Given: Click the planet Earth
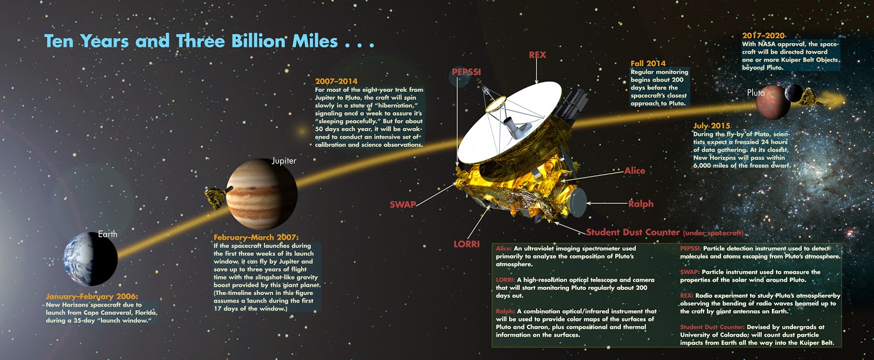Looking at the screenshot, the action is (91, 258).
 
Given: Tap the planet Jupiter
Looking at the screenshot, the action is (262, 194).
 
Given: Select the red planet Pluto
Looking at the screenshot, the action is (770, 102).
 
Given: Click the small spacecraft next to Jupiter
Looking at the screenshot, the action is (218, 197).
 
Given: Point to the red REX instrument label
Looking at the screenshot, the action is (538, 55).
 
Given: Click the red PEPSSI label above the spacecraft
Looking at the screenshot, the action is (466, 72).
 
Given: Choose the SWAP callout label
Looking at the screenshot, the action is (403, 204).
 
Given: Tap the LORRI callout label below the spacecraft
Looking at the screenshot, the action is (466, 244).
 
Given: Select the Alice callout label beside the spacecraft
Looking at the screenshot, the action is (635, 171).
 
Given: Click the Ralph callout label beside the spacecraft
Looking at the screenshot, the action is (641, 204).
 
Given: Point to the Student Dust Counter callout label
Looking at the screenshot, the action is (633, 233).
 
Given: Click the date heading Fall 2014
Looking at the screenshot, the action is (648, 63).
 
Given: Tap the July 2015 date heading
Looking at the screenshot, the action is (712, 126).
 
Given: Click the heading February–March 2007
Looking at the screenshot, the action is (256, 237).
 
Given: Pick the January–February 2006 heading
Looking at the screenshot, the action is (92, 297).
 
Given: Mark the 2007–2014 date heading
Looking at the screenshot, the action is (336, 81).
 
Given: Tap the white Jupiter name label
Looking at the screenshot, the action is (284, 161).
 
